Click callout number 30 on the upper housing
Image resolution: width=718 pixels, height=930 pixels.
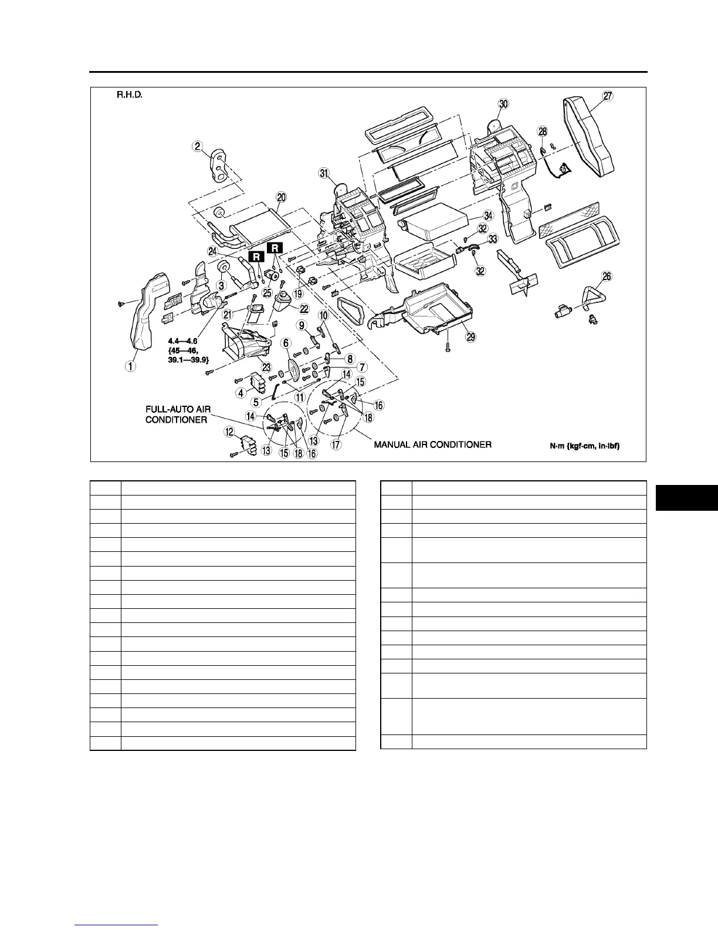point(503,104)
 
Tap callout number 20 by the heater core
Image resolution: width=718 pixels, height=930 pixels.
point(281,198)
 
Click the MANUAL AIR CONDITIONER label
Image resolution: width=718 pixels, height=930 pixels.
point(432,444)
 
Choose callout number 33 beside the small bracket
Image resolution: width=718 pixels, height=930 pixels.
point(493,239)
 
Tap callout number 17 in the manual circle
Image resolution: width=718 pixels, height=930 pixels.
point(336,444)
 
